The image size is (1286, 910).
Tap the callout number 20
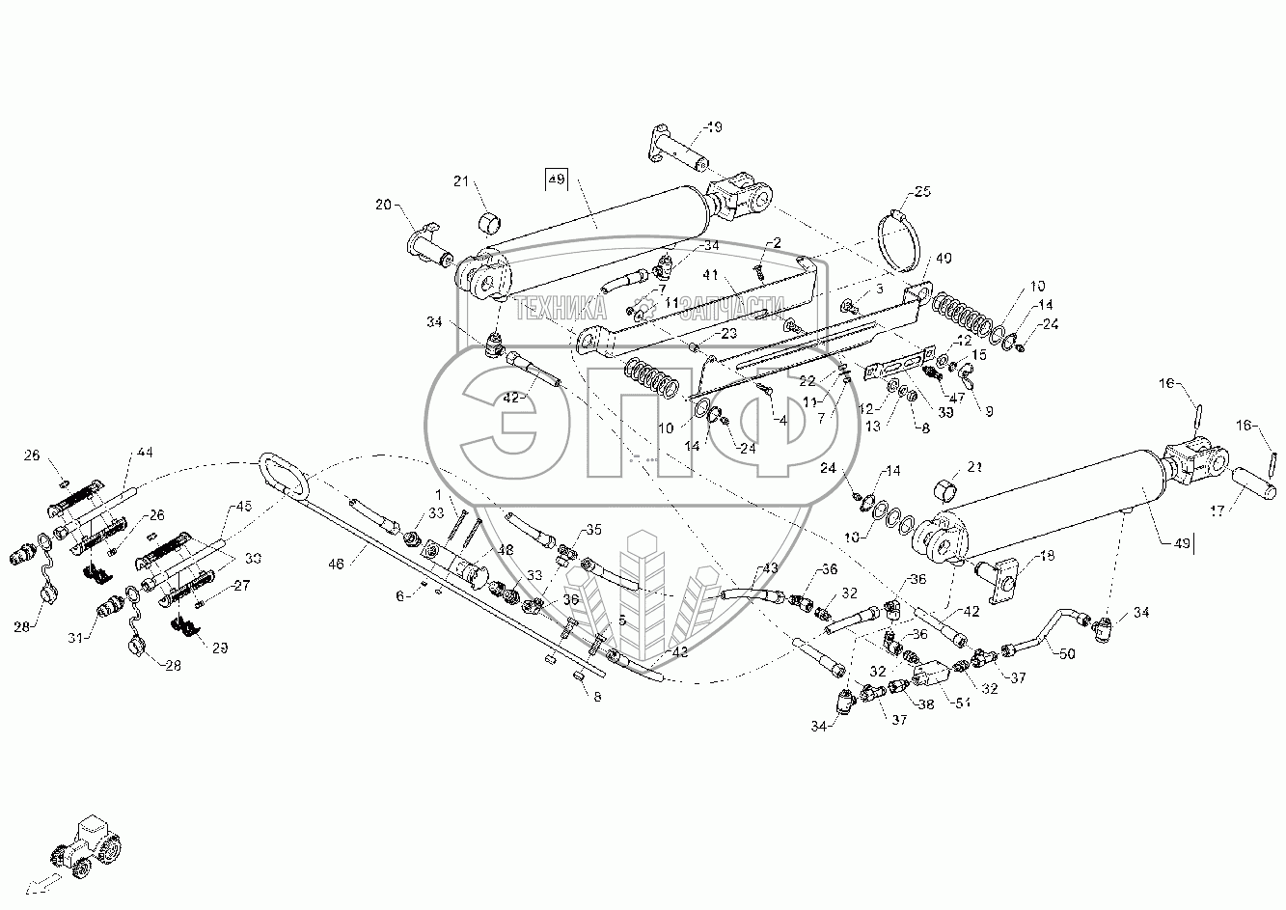point(385,205)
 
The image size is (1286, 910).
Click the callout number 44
point(145,452)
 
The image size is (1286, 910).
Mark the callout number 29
point(221,648)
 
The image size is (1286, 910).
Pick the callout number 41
point(711,275)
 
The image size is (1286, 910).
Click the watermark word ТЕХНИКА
point(561,309)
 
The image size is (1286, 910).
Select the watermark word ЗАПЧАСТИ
point(729,309)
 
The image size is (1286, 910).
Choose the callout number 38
point(926,705)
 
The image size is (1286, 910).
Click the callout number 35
point(593,530)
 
